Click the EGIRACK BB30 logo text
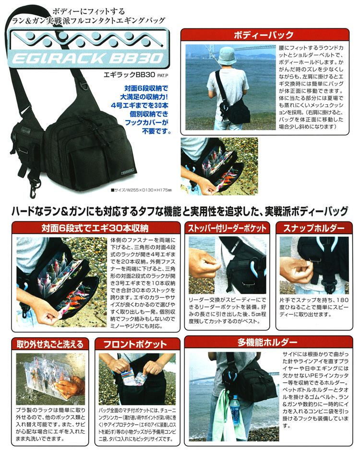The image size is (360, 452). click(x=88, y=58)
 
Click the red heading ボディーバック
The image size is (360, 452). click(x=264, y=35)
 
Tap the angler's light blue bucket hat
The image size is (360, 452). click(x=227, y=56)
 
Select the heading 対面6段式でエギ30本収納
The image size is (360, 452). click(x=95, y=228)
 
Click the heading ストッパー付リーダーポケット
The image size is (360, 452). click(x=227, y=228)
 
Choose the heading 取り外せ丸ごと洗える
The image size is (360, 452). click(x=50, y=344)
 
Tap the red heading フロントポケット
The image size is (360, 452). click(x=135, y=344)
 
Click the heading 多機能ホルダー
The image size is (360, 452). click(x=267, y=342)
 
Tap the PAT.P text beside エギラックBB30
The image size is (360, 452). click(x=162, y=75)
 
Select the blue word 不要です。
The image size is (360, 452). click(x=156, y=131)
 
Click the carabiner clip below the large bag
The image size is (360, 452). click(x=34, y=189)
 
